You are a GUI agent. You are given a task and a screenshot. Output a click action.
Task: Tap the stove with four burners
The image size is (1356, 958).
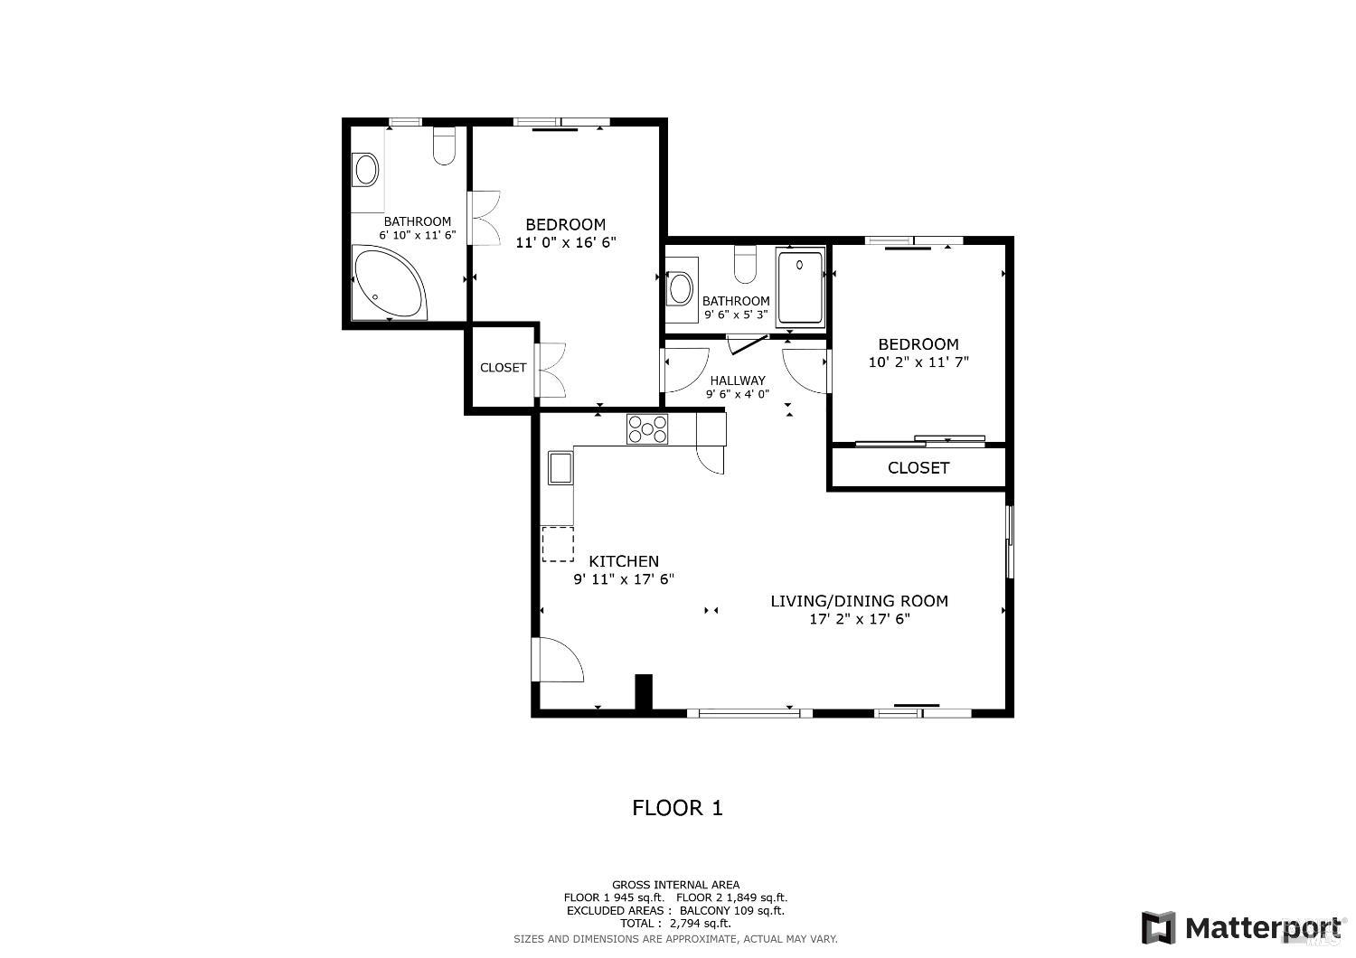coord(647,428)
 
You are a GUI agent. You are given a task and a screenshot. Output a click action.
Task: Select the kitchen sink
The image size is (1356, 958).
coord(560,468)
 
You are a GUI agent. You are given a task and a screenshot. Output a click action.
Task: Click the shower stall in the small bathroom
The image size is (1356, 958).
coord(801,287)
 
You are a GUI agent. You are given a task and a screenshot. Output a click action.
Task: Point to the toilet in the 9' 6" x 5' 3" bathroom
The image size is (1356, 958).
coord(745,263)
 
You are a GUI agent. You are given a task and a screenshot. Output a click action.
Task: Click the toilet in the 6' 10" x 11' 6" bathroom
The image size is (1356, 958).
coord(444,147)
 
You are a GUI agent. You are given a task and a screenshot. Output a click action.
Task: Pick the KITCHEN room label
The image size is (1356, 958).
coord(624,561)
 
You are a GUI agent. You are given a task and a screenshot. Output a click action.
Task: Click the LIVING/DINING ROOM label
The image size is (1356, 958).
coord(859,601)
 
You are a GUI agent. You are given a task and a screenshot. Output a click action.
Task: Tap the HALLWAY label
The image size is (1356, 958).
coord(738,380)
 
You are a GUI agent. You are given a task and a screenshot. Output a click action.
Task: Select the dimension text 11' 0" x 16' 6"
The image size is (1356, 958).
coord(566,242)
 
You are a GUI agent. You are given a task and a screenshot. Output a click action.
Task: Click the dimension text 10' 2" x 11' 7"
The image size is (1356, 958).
coord(918,362)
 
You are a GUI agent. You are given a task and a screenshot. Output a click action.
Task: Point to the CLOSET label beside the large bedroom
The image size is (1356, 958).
coord(503,368)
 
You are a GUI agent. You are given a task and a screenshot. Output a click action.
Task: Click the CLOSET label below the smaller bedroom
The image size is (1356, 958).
coord(918,468)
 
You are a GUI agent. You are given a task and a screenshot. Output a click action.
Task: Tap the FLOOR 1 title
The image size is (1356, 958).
coord(677,808)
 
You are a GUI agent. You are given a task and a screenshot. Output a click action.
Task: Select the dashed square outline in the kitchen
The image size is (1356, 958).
coord(558,544)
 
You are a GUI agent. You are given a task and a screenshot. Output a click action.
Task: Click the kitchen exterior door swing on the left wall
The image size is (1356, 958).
coord(558,660)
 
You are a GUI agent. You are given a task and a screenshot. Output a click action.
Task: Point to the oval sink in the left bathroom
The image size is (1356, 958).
coord(366,169)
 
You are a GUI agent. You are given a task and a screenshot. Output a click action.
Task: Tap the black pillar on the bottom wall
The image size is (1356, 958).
coord(644,692)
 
